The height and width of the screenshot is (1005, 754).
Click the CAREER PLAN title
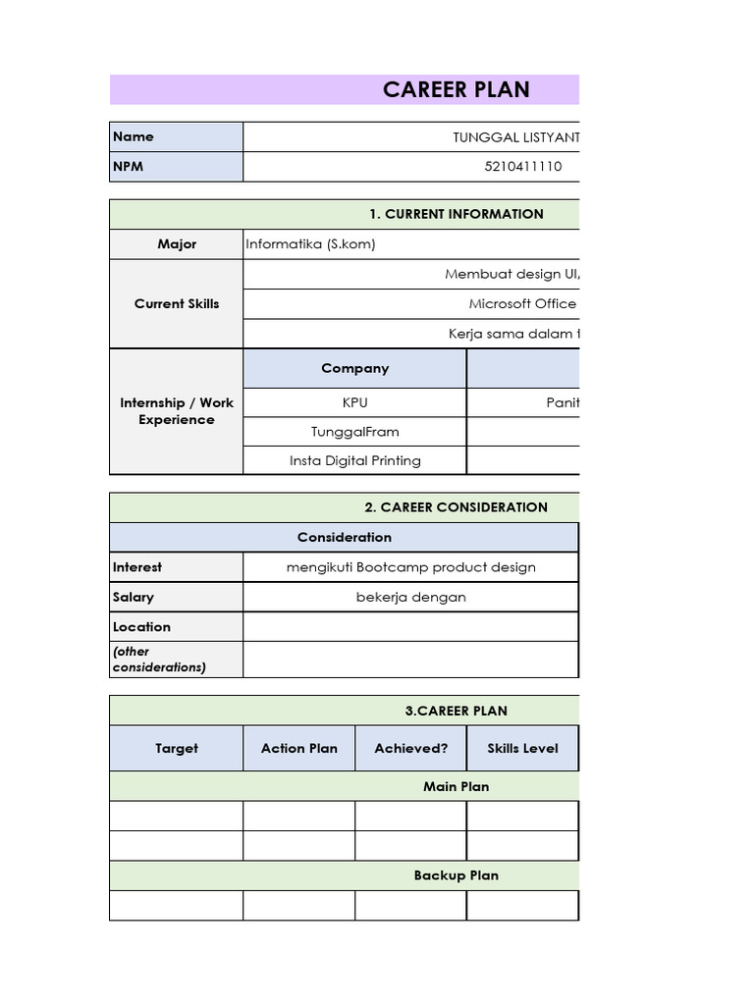coord(456,89)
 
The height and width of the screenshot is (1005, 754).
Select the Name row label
coord(134,136)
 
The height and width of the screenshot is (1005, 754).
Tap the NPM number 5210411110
coord(523,166)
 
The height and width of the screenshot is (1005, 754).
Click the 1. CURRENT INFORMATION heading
coord(456,214)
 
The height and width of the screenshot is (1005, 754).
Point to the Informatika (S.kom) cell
coord(310,243)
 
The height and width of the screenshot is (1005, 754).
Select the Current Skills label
coord(177,303)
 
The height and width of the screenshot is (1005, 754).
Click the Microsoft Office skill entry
coord(522,303)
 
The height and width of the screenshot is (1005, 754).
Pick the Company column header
coord(354,368)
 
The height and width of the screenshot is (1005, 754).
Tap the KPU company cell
coord(354,402)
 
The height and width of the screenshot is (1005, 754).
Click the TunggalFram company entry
coord(354,431)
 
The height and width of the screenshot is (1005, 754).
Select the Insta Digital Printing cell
coord(354,460)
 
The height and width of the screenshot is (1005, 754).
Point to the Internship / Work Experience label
coord(177,411)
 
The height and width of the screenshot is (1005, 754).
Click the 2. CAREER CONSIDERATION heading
coord(456,507)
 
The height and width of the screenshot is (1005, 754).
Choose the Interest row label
coord(137,567)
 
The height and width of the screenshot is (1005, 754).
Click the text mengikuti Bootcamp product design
coord(410,567)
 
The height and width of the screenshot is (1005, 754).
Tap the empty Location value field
coord(410,626)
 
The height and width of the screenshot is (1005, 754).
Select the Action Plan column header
coord(298,748)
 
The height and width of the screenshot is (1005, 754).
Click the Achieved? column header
coord(410,748)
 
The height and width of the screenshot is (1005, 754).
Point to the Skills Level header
coord(522,748)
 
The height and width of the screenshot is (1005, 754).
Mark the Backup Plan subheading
coord(456,875)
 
